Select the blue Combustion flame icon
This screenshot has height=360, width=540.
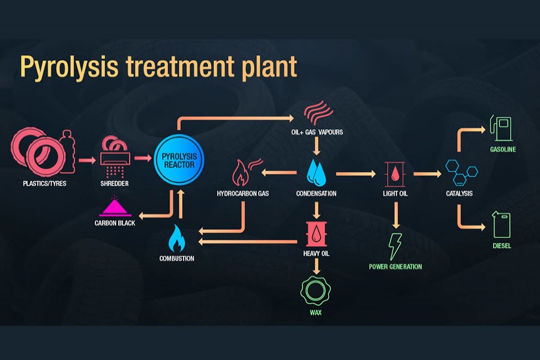pyautogui.click(x=176, y=238)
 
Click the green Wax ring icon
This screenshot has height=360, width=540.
pyautogui.click(x=316, y=290)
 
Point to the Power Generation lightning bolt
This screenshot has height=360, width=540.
pyautogui.click(x=395, y=245)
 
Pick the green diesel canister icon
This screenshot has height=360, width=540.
pyautogui.click(x=502, y=224)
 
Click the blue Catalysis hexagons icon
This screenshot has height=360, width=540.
pyautogui.click(x=460, y=172)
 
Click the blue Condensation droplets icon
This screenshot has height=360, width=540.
pyautogui.click(x=316, y=172)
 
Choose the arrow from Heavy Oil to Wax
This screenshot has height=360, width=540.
pyautogui.click(x=316, y=265)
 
